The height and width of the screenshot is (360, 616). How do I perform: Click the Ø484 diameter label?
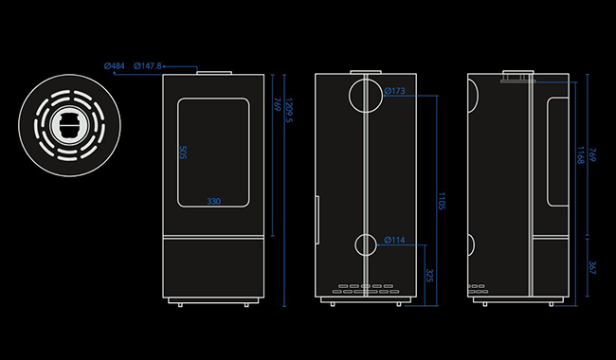115,66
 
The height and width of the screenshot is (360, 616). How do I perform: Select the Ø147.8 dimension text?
148,66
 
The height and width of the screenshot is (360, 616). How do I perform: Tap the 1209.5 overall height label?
289,110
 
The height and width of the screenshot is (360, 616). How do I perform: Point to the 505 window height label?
183,153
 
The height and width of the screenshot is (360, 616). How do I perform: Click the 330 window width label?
214,202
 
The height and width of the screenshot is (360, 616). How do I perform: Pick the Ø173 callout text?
395,91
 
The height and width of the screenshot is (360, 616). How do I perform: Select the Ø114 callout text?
394,240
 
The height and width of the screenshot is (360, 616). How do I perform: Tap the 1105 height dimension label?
442,201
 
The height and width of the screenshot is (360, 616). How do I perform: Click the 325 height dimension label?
429,276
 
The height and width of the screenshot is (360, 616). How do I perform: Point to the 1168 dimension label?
580,155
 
